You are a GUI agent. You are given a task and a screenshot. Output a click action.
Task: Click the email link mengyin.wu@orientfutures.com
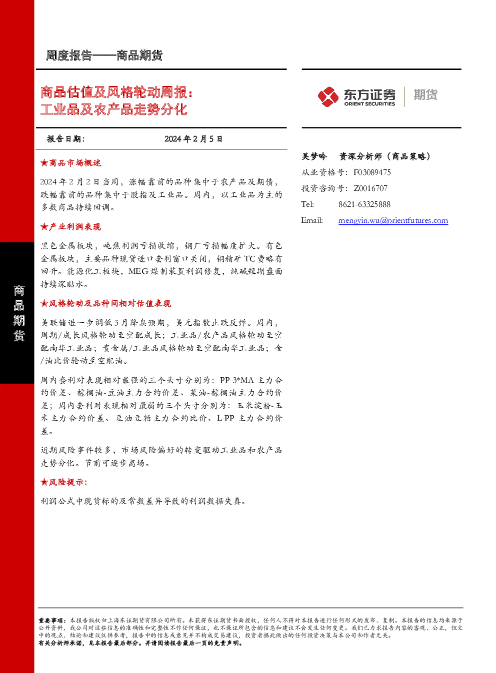[x=393, y=220]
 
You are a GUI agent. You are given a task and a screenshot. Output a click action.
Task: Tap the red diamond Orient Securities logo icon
[x=328, y=97]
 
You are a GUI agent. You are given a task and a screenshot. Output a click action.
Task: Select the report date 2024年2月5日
[x=193, y=139]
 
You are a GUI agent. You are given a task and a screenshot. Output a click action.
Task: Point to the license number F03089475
[x=372, y=172]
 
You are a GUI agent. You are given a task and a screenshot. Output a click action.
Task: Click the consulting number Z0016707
[x=370, y=188]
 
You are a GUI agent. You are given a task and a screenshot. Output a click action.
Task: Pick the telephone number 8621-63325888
[x=364, y=204]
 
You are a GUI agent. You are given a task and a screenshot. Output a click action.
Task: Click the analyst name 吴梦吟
[x=314, y=156]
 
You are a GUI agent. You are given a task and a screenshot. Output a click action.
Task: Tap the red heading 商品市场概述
[x=75, y=163]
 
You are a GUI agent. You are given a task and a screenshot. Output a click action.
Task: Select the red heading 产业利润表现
[x=75, y=227]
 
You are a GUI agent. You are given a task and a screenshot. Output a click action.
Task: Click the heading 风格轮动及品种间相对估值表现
[x=110, y=303]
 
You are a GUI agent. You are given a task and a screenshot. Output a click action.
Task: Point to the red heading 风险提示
[x=68, y=482]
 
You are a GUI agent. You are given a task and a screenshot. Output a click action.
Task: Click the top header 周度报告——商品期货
[x=104, y=55]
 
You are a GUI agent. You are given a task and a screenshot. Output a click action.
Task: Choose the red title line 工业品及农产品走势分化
[x=114, y=109]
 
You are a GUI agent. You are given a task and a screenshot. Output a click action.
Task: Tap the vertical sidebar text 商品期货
[x=18, y=313]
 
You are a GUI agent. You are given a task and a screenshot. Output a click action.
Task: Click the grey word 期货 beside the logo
[x=425, y=94]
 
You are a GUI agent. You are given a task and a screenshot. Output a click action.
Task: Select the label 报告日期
[x=66, y=139]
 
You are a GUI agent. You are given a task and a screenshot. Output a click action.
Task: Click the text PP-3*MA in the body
[x=237, y=380]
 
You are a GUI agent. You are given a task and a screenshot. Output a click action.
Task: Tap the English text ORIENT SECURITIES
[x=369, y=104]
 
